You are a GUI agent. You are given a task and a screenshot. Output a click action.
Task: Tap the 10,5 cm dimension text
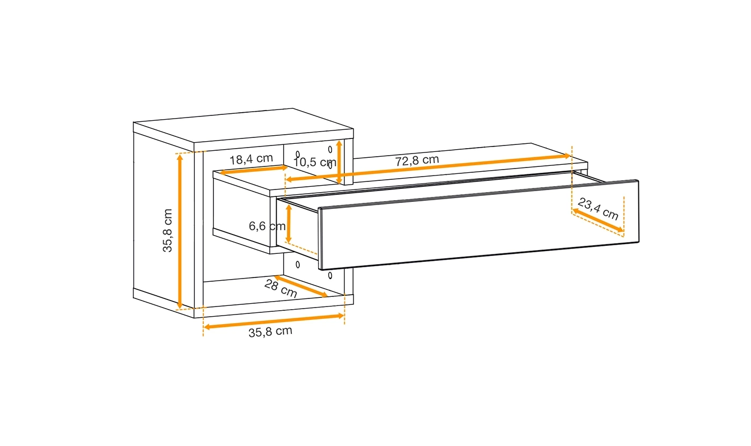coord(315,162)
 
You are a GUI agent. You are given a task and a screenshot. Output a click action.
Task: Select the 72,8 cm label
coord(417,160)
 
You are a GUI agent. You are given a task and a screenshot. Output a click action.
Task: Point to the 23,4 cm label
coord(598,209)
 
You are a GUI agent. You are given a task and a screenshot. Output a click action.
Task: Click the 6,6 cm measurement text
coord(267,226)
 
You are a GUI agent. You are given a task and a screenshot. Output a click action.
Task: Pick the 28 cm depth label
coord(281,288)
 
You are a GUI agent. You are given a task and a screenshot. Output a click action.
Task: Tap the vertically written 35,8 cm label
coord(168,230)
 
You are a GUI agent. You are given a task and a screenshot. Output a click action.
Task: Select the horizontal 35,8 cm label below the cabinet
coord(270,332)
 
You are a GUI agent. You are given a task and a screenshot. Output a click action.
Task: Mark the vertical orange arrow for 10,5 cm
coord(339,162)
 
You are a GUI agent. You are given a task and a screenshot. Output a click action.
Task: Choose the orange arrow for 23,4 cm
coord(598,221)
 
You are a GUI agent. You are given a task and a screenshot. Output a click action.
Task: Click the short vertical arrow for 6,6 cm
coord(289,223)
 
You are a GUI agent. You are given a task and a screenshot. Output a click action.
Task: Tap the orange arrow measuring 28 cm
coord(300,286)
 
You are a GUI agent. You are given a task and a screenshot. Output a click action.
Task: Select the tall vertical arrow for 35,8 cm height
coord(180,231)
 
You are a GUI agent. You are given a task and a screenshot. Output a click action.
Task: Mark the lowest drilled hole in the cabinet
coord(330,276)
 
